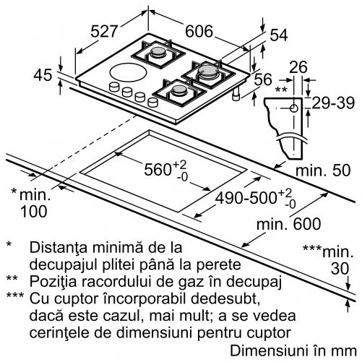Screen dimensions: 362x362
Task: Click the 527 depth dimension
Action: coord(104,31)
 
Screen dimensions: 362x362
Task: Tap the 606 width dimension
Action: coord(199,31)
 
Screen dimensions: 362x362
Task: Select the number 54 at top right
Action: coord(279,35)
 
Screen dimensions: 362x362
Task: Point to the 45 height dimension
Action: coord(43,74)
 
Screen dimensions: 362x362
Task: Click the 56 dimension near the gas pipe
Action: coord(263,79)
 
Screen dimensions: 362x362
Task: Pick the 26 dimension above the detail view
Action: coord(298,67)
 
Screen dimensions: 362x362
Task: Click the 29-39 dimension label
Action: coord(333,103)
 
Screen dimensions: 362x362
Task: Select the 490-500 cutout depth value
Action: coord(246,198)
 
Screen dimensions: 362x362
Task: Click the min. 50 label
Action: coord(323,171)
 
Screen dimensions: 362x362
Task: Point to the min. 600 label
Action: coord(288,224)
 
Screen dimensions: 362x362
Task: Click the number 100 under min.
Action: coord(34,212)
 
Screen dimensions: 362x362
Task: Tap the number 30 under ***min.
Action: coord(340,269)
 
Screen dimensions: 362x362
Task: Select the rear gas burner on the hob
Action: coord(158,53)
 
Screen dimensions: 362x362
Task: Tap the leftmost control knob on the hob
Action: coord(114,87)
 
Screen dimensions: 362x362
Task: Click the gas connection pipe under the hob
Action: coord(236,94)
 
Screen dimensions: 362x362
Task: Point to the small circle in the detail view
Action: coord(293,108)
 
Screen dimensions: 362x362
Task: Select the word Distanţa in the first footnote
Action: coord(58,247)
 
